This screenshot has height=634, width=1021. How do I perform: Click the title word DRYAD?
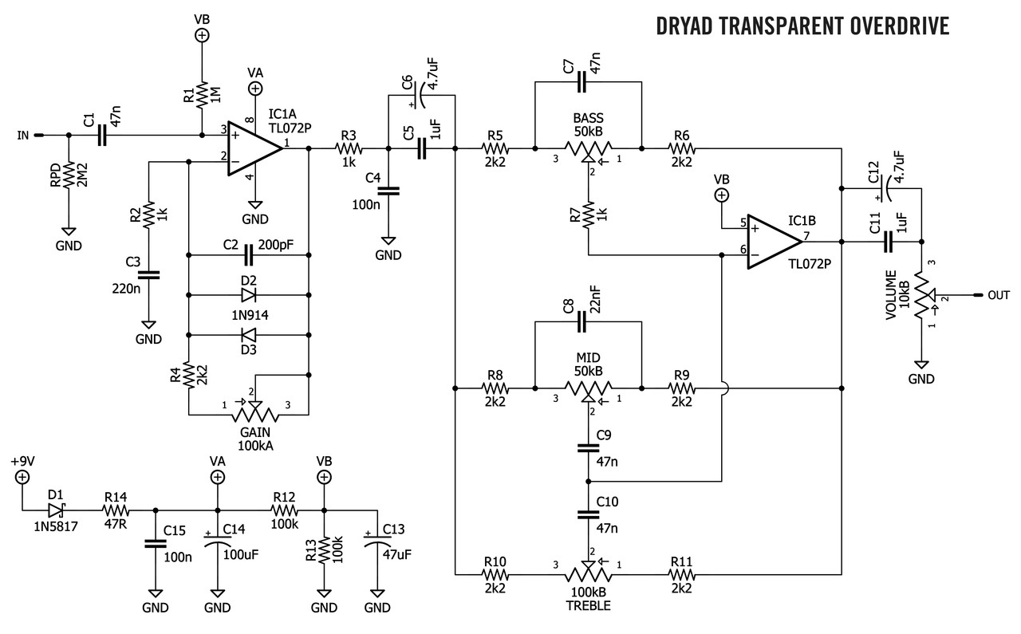[x=684, y=26]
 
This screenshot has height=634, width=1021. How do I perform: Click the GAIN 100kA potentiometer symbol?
[x=254, y=415]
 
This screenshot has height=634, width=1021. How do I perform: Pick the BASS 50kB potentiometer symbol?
[x=589, y=148]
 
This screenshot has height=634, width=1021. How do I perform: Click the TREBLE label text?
[x=588, y=606]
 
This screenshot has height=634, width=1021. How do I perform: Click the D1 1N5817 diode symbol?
[x=55, y=510]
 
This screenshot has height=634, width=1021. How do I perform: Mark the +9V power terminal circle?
[x=22, y=477]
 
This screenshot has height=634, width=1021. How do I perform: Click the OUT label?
[x=998, y=295]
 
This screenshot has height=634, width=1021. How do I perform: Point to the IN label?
[x=22, y=136]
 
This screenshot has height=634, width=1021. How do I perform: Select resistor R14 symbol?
[x=116, y=510]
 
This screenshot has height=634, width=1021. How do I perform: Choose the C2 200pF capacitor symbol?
[x=248, y=255]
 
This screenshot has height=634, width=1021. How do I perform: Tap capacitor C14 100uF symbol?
[x=217, y=542]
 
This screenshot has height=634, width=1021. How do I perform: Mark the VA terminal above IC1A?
[x=255, y=89]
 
